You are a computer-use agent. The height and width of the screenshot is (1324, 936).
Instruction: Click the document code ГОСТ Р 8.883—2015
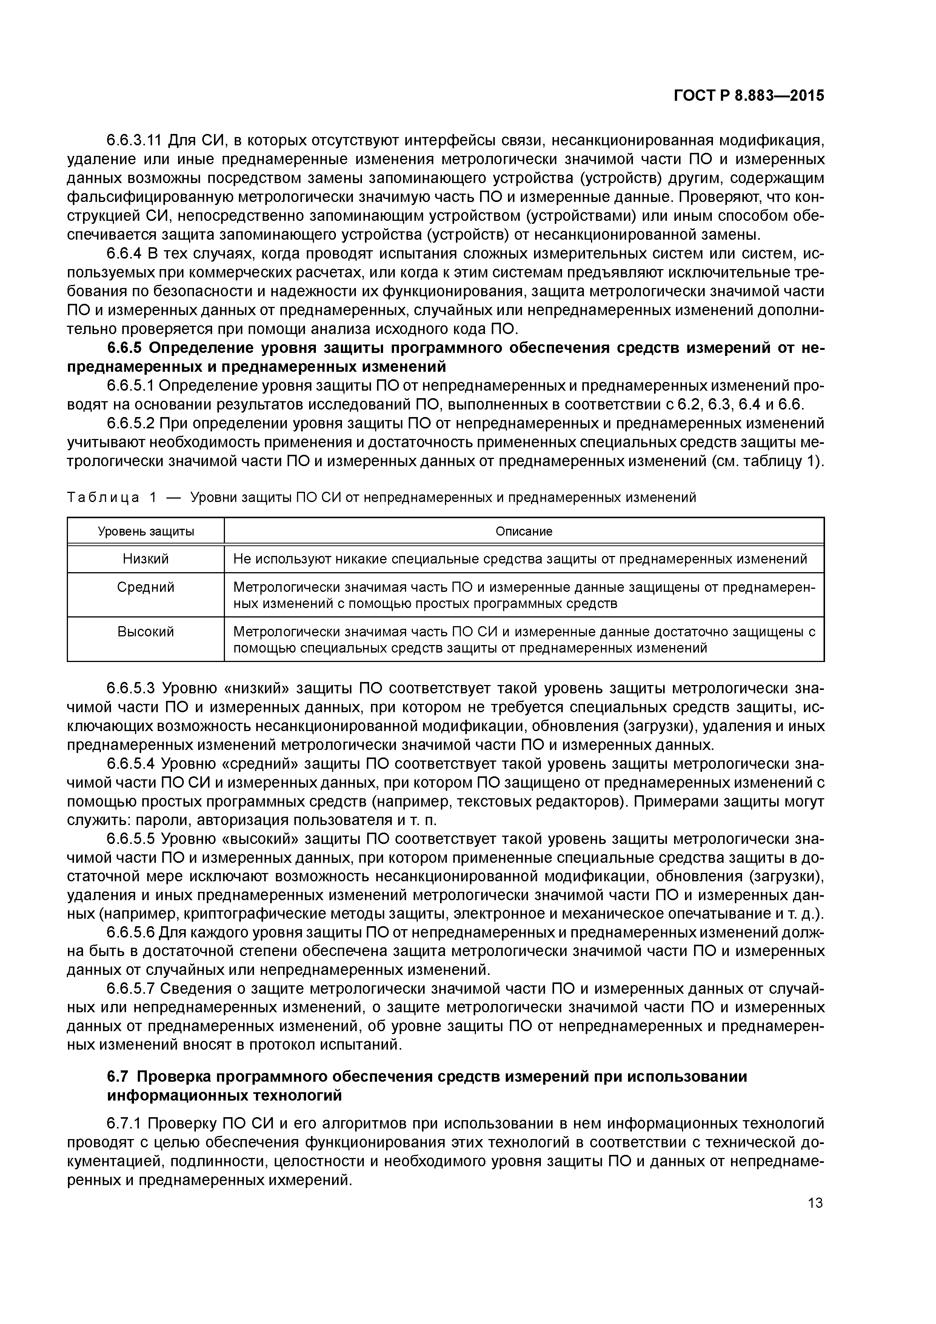coord(748,96)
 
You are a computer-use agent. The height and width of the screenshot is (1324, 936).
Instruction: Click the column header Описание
coord(523,531)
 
